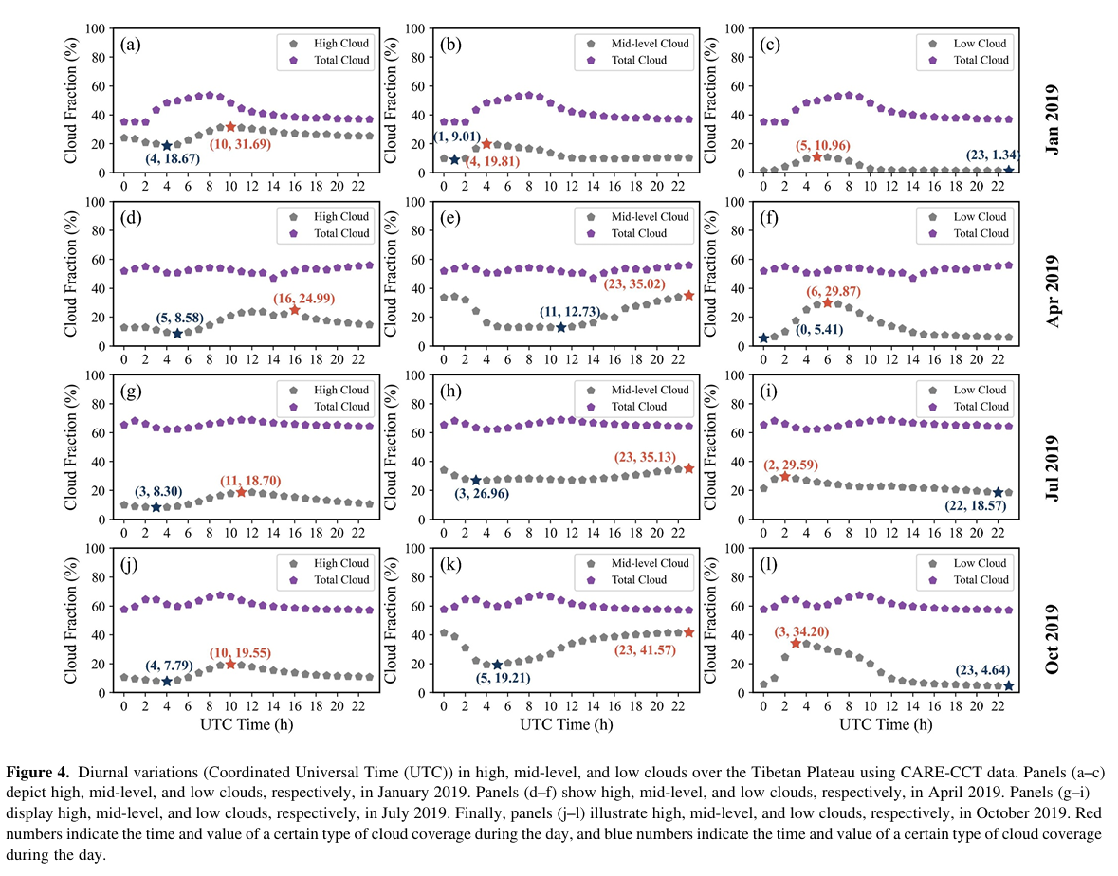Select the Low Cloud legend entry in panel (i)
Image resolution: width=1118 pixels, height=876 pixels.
click(x=973, y=390)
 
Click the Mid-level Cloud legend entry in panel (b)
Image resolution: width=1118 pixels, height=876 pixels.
click(x=644, y=44)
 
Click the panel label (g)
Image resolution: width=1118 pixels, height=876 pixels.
click(x=133, y=391)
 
